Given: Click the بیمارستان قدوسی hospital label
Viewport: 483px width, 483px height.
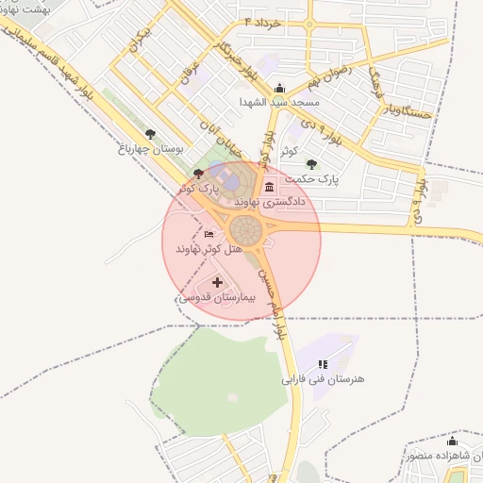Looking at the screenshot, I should tap(217, 297).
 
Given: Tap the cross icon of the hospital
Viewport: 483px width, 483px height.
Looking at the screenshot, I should tap(218, 282).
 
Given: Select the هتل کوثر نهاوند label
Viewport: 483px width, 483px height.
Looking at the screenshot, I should tap(208, 248).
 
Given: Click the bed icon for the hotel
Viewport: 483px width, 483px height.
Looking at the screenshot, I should tap(208, 234).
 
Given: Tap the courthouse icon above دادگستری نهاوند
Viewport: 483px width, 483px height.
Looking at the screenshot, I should tap(270, 185).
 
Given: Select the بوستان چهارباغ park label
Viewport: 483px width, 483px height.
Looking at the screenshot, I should tap(151, 148).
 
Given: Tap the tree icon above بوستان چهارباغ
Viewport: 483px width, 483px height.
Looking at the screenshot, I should tap(151, 134).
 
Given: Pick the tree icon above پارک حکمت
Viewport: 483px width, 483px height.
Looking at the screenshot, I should tap(311, 164).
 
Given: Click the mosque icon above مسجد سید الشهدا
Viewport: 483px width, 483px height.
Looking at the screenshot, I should tap(279, 87).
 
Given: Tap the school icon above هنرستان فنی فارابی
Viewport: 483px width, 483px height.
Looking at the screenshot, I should tap(323, 364).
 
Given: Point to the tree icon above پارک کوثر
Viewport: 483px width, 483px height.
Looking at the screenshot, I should tap(197, 174).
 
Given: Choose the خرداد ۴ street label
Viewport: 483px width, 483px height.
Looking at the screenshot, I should tap(263, 20).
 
